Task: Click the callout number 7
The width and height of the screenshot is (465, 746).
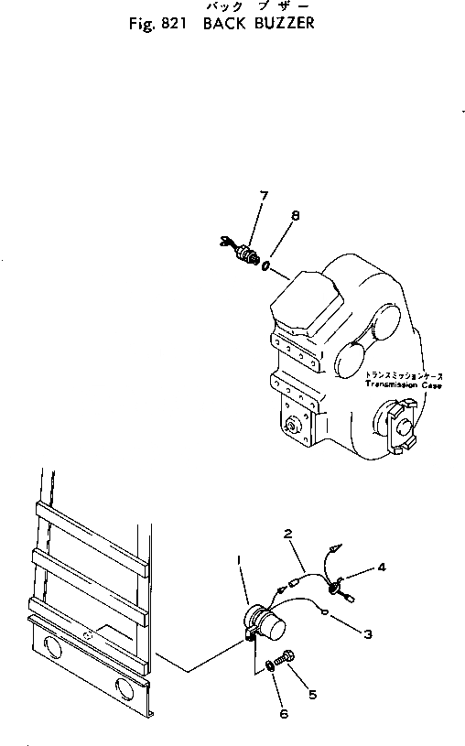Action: pyautogui.click(x=264, y=195)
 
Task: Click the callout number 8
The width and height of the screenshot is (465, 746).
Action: pyautogui.click(x=295, y=216)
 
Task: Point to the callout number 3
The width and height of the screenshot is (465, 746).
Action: pyautogui.click(x=366, y=632)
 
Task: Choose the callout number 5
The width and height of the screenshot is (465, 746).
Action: pyautogui.click(x=312, y=695)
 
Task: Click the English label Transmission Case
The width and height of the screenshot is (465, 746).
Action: pyautogui.click(x=403, y=385)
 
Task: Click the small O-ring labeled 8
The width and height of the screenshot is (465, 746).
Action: pyautogui.click(x=265, y=266)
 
